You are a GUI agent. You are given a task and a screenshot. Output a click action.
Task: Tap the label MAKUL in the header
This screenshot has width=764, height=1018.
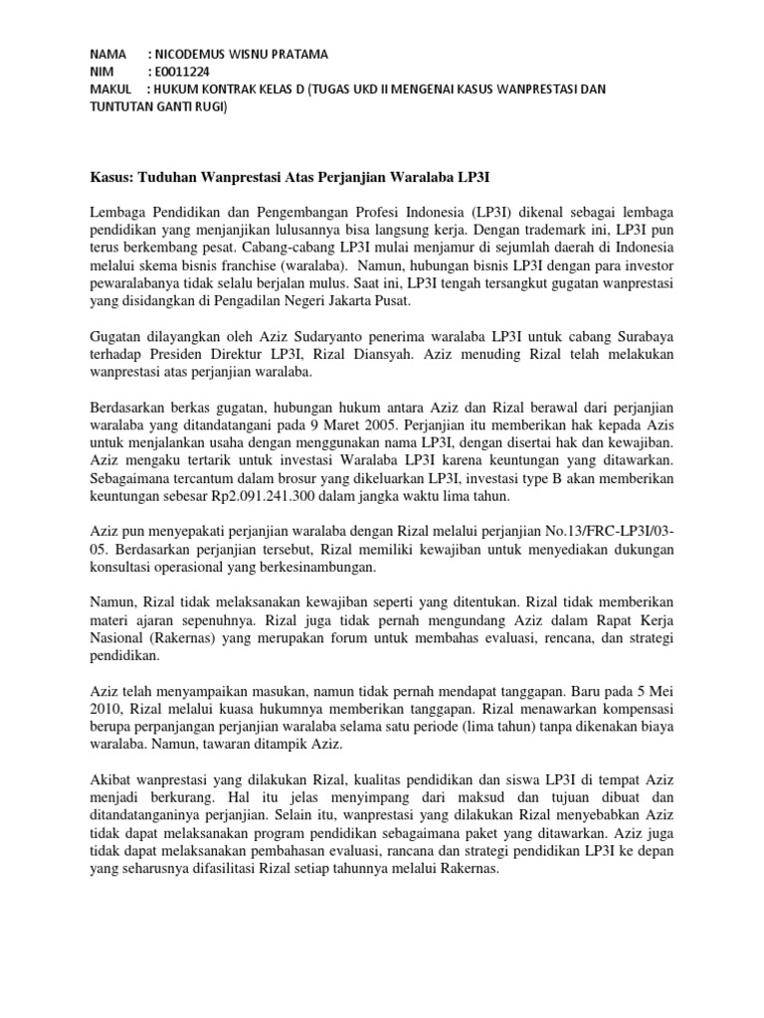click(110, 89)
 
